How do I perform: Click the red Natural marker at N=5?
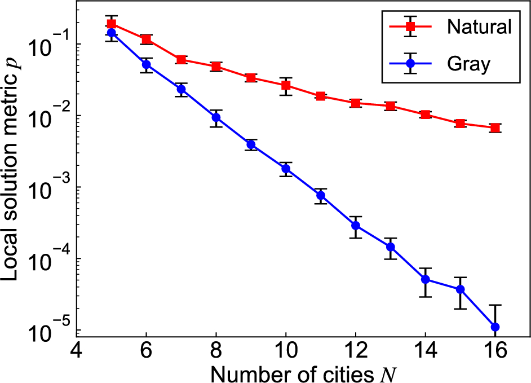[112, 24]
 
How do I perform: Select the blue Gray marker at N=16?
[495, 327]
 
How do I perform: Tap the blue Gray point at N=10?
[286, 169]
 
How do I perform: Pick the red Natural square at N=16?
[495, 128]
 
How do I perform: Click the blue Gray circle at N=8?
[216, 117]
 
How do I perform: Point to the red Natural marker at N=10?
[286, 85]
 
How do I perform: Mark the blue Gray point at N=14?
[426, 279]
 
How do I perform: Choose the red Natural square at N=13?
[391, 106]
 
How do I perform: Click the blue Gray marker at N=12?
[356, 226]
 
